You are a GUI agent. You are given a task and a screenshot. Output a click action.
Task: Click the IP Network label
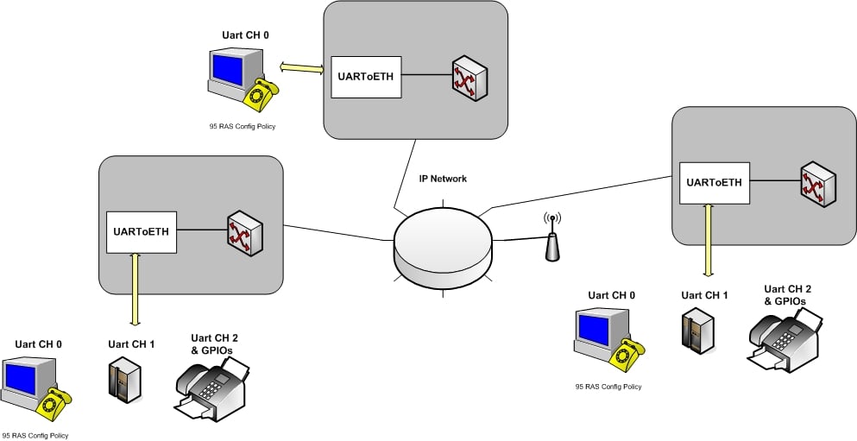point(443,179)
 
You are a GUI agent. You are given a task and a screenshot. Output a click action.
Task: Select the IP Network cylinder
point(444,246)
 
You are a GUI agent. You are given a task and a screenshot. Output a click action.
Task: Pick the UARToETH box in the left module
point(142,231)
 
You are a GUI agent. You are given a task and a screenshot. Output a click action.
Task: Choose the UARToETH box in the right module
point(714,182)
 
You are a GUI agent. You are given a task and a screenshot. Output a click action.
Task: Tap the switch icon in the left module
point(244,233)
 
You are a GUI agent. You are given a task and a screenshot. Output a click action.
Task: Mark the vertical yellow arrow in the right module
point(708,240)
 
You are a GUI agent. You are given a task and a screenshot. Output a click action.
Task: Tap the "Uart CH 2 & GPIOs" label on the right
point(787,294)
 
